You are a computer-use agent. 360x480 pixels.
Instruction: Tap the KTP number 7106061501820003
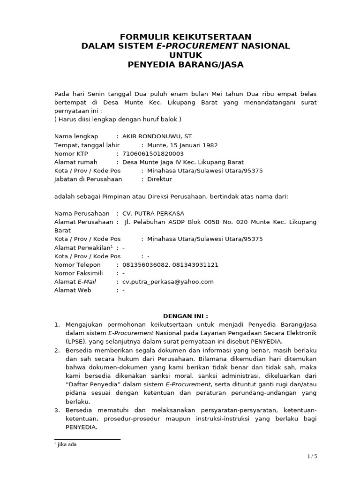pyautogui.click(x=153, y=154)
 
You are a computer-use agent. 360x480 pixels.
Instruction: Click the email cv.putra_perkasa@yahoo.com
pyautogui.click(x=168, y=282)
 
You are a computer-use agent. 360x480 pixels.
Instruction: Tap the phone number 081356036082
pyautogui.click(x=143, y=265)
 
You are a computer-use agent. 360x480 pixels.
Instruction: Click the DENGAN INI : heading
pyautogui.click(x=185, y=316)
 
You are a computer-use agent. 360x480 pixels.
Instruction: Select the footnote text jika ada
pyautogui.click(x=67, y=444)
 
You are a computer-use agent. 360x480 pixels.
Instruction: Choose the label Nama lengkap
pyautogui.click(x=76, y=136)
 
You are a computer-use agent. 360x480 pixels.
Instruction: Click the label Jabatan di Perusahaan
pyautogui.click(x=88, y=179)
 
